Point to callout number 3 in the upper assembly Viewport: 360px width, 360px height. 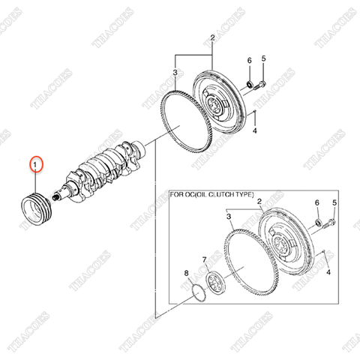click(174, 72)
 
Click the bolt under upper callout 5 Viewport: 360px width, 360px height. click(259, 84)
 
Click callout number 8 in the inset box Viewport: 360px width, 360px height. click(187, 274)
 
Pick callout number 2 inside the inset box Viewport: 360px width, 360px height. click(258, 202)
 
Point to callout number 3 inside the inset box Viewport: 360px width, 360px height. click(229, 218)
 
